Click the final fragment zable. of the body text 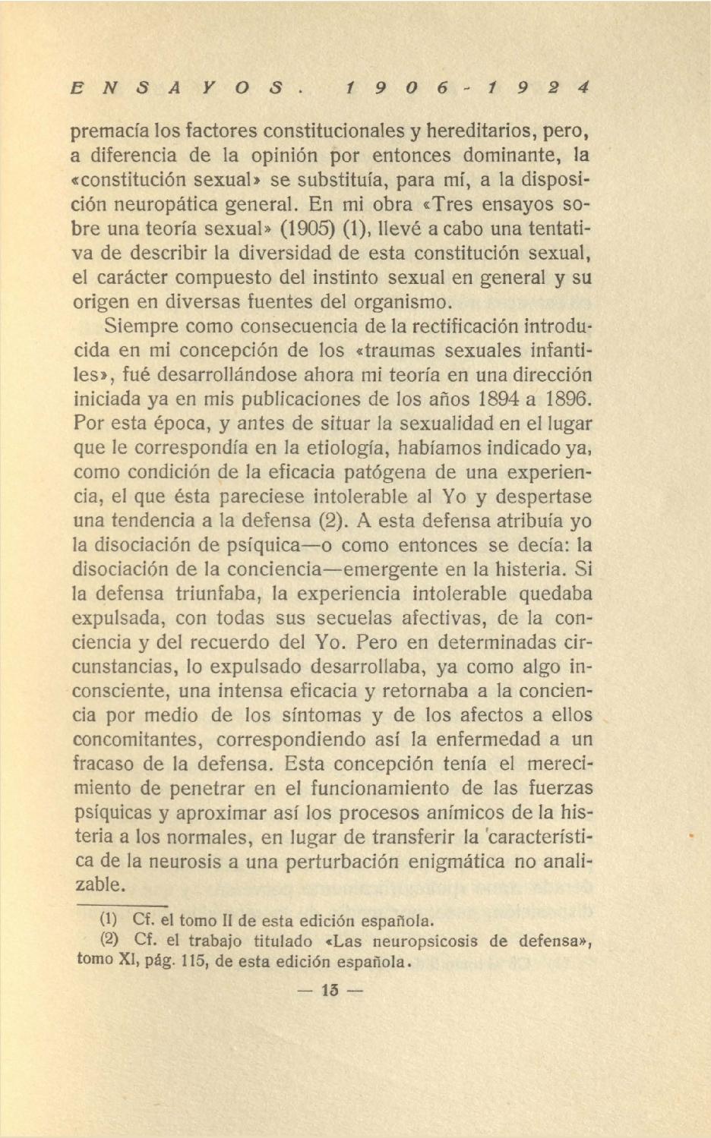(99, 885)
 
